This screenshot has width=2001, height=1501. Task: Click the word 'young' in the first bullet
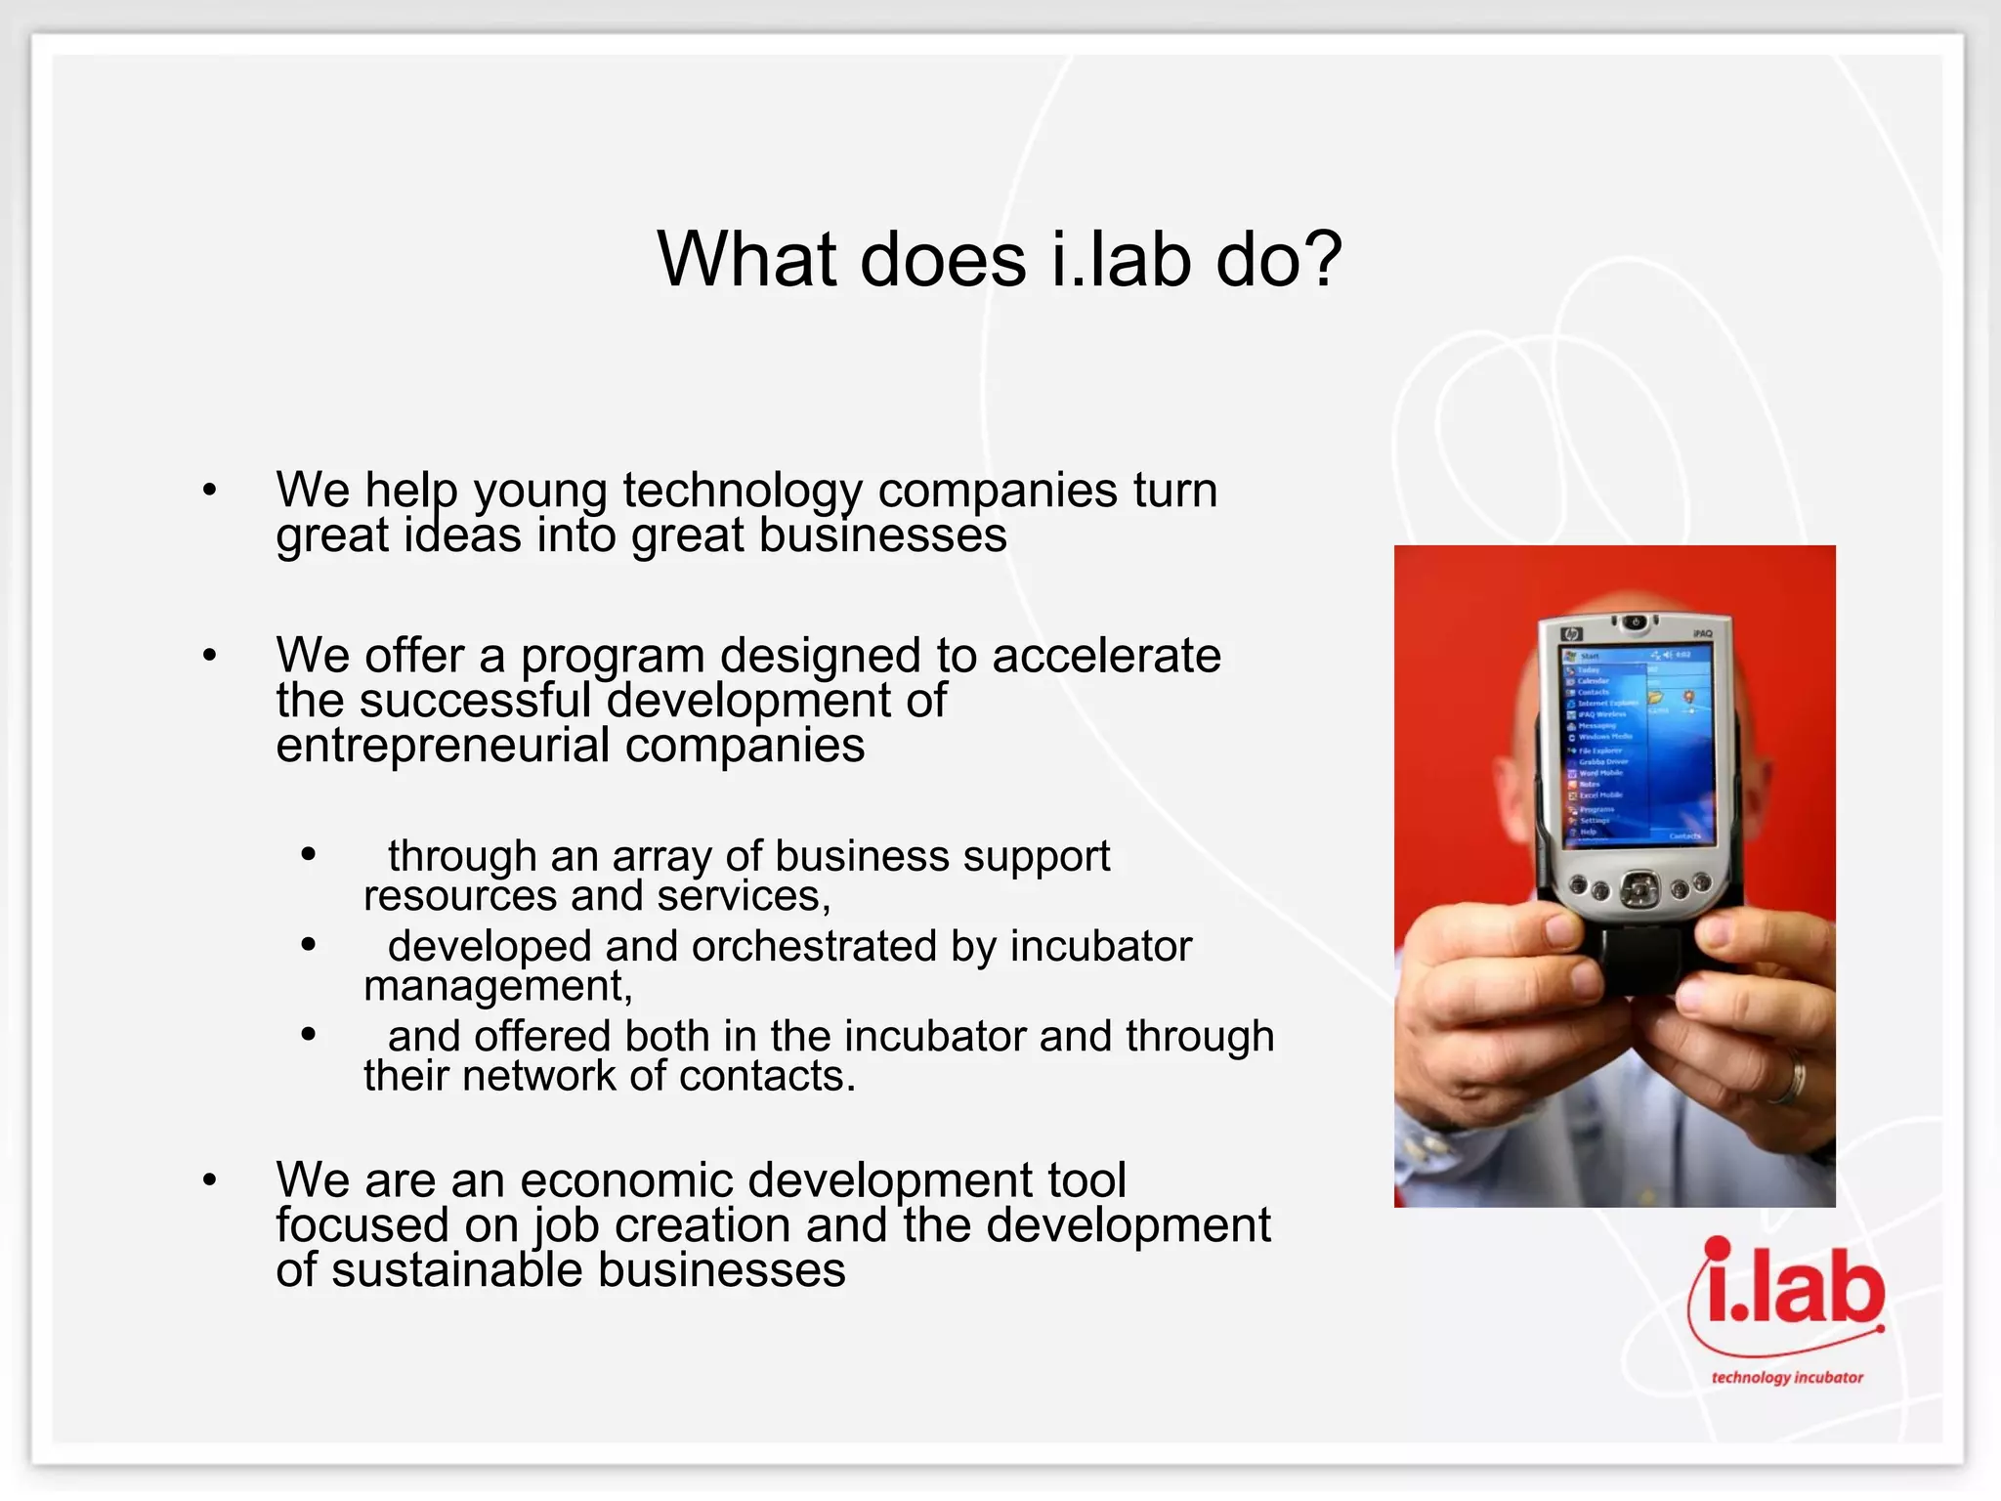(x=539, y=492)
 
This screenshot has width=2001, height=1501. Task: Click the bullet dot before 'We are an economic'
(x=209, y=1180)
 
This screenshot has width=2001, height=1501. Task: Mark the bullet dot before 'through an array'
(x=309, y=855)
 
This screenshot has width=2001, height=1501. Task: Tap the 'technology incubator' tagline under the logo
(x=1787, y=1378)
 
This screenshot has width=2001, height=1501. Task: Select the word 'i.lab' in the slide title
(x=1122, y=260)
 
